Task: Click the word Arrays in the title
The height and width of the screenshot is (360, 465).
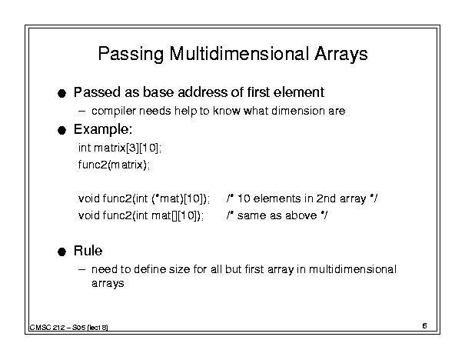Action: (x=340, y=55)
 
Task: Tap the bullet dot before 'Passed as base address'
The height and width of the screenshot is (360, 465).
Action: (x=61, y=94)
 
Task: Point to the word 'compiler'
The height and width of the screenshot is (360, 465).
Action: (x=114, y=112)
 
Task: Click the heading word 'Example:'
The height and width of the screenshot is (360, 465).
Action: (x=103, y=130)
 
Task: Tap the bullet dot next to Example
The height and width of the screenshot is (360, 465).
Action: (x=61, y=130)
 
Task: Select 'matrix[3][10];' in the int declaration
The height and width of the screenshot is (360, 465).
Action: (x=128, y=148)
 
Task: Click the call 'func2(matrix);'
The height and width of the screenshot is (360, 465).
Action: (x=114, y=165)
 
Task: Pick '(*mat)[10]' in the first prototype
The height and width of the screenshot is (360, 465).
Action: (x=179, y=198)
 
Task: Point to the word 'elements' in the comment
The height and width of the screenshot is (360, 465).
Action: (x=277, y=198)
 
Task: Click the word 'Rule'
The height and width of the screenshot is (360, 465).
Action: (x=88, y=251)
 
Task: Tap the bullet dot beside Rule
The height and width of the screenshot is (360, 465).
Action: (x=61, y=252)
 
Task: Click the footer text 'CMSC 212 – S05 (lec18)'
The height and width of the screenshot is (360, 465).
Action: (x=69, y=328)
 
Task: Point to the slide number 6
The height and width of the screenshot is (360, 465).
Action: (x=425, y=325)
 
